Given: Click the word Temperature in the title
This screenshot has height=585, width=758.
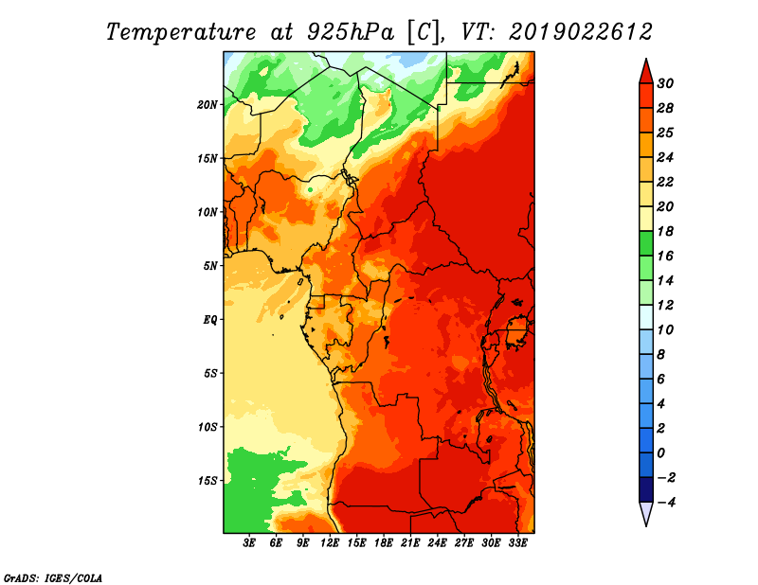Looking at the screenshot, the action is click(x=181, y=32).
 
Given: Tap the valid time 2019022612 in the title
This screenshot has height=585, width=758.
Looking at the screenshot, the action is click(x=581, y=32).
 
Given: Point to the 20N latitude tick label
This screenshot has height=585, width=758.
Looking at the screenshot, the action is click(x=208, y=105).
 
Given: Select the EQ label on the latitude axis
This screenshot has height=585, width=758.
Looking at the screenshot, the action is click(x=209, y=320).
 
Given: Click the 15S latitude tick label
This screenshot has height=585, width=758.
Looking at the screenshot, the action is click(x=208, y=481).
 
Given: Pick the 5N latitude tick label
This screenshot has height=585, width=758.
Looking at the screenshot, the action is click(x=210, y=266).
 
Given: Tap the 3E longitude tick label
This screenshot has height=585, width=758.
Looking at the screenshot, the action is click(x=249, y=543).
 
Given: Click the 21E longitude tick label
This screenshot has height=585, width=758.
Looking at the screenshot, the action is click(x=410, y=543).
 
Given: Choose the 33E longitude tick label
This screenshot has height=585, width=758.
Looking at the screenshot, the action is click(x=517, y=543).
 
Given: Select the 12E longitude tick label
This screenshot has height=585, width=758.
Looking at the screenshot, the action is click(x=330, y=543).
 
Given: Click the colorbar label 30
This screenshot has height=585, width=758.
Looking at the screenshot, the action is click(x=665, y=83).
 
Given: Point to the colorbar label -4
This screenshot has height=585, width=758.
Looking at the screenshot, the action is click(x=665, y=503).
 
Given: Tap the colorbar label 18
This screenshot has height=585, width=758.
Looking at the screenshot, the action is click(x=665, y=231).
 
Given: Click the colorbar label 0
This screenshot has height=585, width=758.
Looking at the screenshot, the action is click(x=660, y=453).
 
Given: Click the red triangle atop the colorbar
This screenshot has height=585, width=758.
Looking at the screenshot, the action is click(x=646, y=73).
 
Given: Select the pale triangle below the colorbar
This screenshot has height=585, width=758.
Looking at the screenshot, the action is click(x=646, y=512).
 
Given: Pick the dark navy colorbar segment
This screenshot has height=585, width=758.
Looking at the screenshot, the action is click(x=646, y=489).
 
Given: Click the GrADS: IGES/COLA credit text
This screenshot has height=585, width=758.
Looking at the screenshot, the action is click(x=53, y=578).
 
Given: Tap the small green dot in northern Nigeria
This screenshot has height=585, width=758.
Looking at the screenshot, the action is click(x=310, y=189).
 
